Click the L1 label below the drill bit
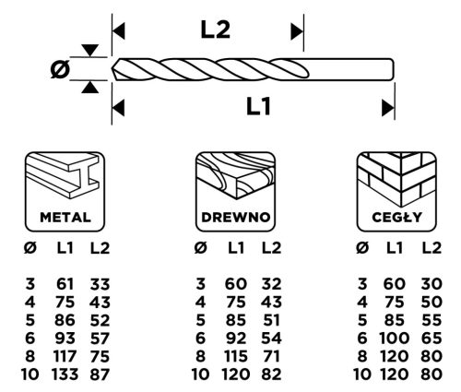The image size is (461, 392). click(x=259, y=109)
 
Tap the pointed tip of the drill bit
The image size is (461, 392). click(x=114, y=70)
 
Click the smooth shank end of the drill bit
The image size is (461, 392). click(x=369, y=70)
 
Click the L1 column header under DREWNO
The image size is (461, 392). click(x=235, y=246)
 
